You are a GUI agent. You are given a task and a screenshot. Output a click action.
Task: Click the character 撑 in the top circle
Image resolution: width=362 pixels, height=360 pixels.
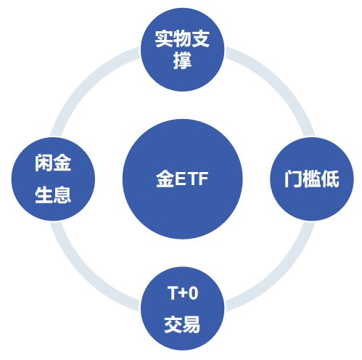coord(182,60)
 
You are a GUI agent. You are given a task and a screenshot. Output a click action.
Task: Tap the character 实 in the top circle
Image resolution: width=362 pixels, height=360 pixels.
coord(164,38)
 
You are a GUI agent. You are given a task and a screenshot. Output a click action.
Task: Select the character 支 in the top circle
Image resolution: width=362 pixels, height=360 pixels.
coord(201,38)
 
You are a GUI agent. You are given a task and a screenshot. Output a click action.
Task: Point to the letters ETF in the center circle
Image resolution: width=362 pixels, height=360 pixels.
coord(192,179)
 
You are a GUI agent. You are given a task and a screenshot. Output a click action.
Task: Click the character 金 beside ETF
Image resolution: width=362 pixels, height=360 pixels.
coord(165,179)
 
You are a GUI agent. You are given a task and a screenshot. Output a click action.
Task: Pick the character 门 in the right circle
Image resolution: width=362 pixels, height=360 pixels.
coord(293,179)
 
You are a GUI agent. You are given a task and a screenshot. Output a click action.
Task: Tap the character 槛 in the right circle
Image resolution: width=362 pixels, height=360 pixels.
coord(312,179)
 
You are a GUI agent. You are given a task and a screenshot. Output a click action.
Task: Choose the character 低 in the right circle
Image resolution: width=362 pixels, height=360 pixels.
coord(330,179)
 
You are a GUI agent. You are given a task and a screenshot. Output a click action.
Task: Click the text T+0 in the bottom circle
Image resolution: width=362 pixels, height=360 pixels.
coord(183,293)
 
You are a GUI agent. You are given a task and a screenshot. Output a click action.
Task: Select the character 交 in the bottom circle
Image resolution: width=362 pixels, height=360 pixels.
coord(173,324)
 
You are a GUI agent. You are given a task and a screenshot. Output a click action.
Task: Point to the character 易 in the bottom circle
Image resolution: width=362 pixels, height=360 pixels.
coord(192,324)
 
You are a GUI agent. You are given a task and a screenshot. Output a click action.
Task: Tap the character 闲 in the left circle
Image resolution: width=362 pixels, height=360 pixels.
coord(44,163)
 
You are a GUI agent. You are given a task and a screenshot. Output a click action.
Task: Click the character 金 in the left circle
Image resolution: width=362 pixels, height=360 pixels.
coord(62,163)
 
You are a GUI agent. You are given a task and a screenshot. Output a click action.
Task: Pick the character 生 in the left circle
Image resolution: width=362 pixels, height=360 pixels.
coord(44,195)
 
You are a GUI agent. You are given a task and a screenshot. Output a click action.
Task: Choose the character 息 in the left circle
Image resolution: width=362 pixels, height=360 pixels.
coord(62,195)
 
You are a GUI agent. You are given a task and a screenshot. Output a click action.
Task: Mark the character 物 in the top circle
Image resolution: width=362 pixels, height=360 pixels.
coord(182,38)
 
